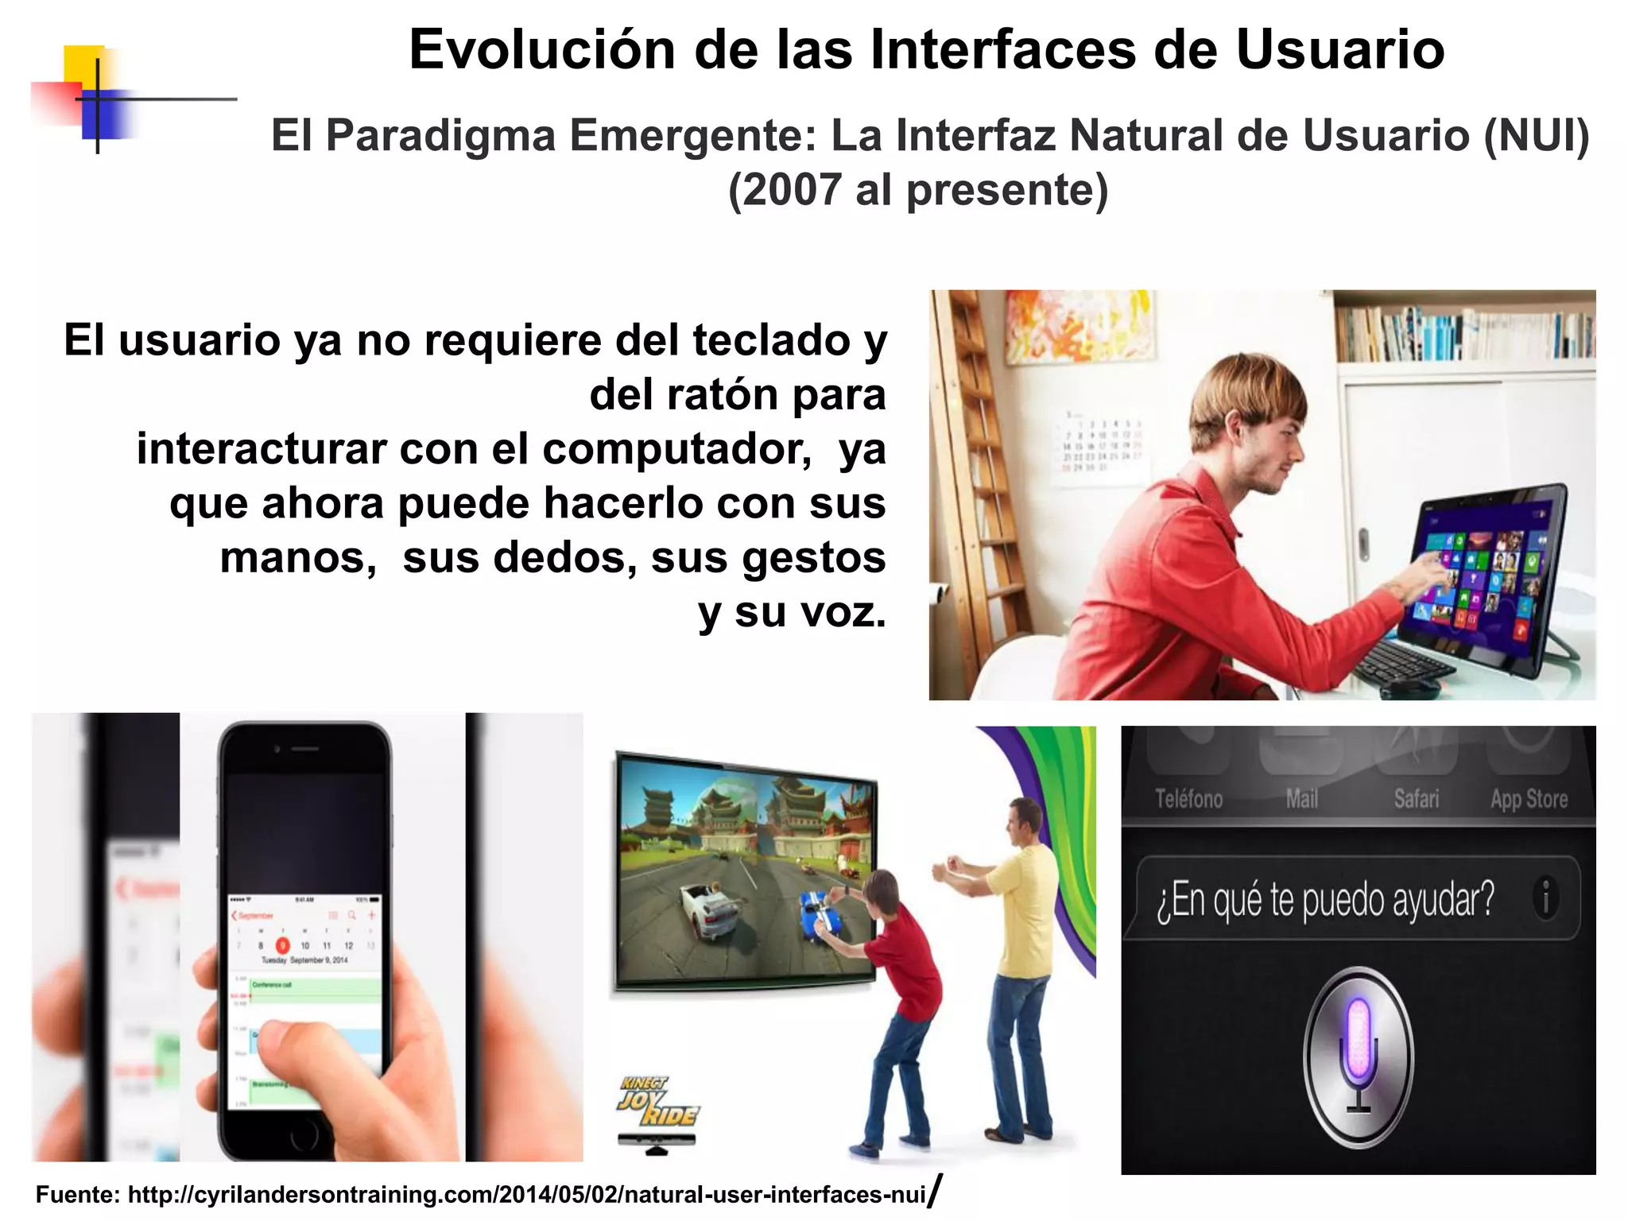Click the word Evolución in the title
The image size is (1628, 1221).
[x=541, y=50]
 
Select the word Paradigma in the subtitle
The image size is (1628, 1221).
[x=440, y=135]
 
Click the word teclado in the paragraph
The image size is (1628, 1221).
[x=772, y=340]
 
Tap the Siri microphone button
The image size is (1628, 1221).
[x=1358, y=1056]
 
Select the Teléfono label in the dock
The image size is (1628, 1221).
[x=1188, y=799]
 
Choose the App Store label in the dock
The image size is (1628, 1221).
[x=1529, y=799]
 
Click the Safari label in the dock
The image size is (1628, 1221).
[x=1416, y=799]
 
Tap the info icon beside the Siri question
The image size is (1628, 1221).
[x=1545, y=898]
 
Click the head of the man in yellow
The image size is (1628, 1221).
[x=1025, y=822]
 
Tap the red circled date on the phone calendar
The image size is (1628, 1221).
[x=282, y=945]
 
